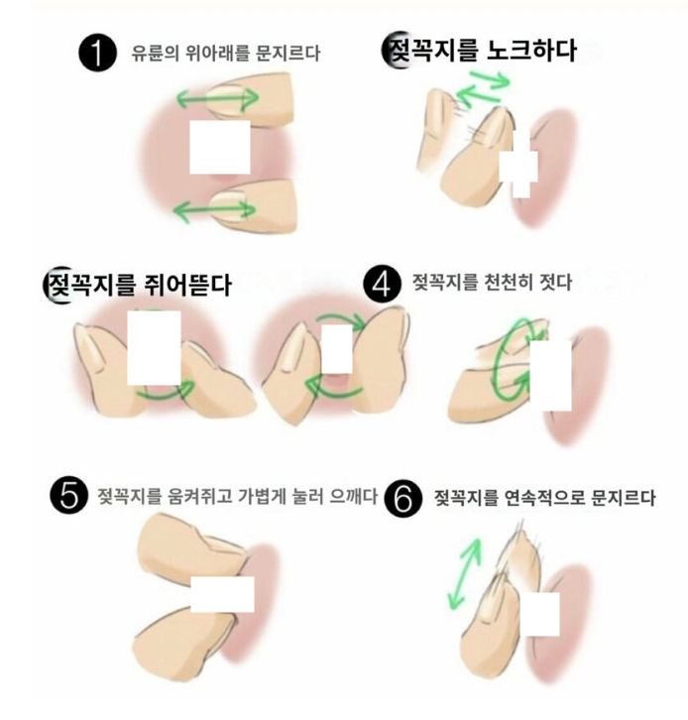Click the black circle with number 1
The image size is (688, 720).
tap(97, 53)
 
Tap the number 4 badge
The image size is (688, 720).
tap(382, 285)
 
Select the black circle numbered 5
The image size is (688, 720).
tap(68, 496)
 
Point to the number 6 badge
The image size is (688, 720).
tap(402, 499)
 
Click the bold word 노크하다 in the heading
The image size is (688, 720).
tap(531, 50)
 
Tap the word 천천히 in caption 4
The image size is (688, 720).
tap(509, 282)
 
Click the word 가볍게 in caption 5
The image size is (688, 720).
tap(261, 496)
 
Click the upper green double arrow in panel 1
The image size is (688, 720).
tap(217, 98)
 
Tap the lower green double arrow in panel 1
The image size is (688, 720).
tap(214, 211)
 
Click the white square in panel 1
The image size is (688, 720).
tap(220, 147)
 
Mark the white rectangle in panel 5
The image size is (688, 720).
tap(222, 594)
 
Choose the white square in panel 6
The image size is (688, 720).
tap(540, 614)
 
